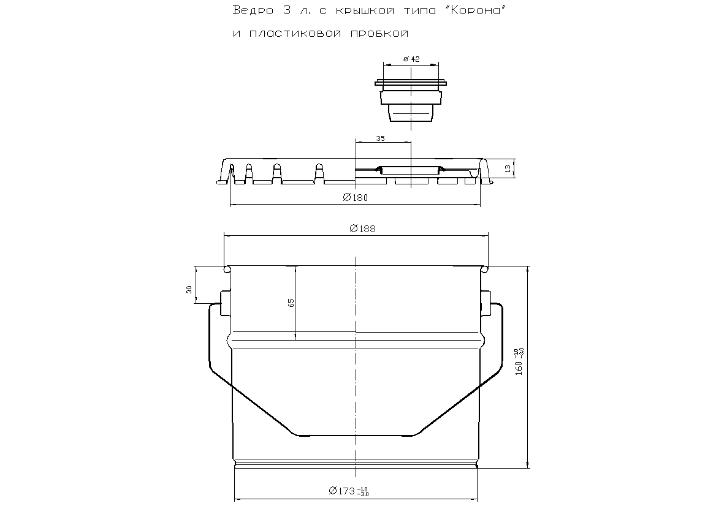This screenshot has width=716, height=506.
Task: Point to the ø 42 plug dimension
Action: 411,59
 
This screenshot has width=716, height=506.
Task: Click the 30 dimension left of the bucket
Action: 189,289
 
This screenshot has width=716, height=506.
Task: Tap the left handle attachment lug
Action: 224,303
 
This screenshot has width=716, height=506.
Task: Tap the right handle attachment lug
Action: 486,303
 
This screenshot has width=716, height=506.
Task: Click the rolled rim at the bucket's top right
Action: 485,268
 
